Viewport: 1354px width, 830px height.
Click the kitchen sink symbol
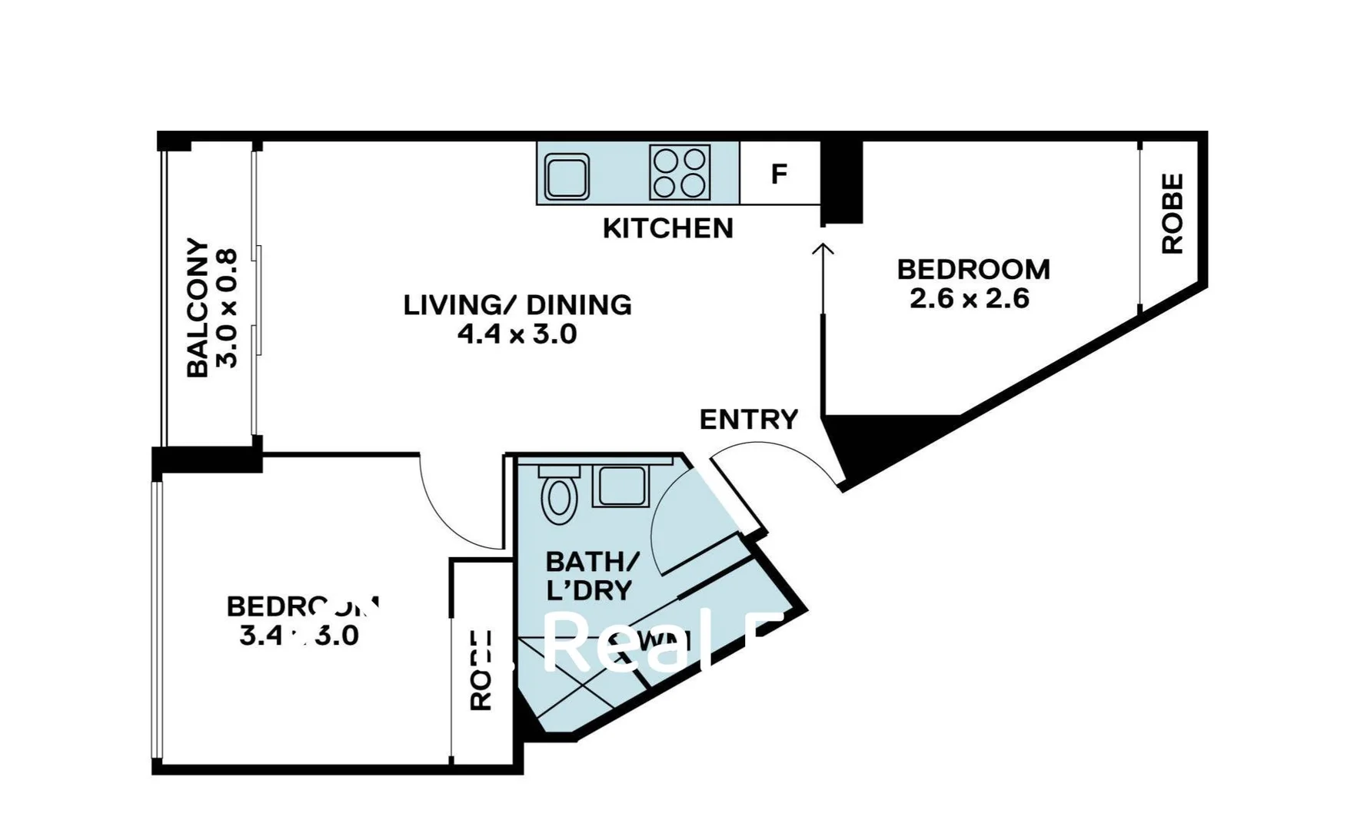(567, 176)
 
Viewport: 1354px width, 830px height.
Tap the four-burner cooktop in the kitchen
(680, 172)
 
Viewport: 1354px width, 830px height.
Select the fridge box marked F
(779, 174)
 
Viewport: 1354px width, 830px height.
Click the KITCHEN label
(667, 228)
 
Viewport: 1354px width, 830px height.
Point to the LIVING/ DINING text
(517, 305)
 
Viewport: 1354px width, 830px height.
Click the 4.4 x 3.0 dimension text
(517, 334)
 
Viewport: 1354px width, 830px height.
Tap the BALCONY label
(198, 307)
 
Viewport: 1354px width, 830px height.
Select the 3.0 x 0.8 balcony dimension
(228, 307)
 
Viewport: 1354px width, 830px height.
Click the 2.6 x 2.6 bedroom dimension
(969, 298)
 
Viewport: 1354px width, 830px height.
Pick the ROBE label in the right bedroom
(1172, 214)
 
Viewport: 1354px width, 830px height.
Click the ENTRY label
(749, 420)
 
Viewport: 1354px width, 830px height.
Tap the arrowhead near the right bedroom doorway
(823, 249)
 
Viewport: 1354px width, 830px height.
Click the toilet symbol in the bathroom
(560, 497)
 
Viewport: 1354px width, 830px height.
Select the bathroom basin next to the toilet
(621, 486)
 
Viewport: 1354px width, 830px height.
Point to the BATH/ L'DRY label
(591, 576)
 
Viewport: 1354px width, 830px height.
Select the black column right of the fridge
(841, 181)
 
